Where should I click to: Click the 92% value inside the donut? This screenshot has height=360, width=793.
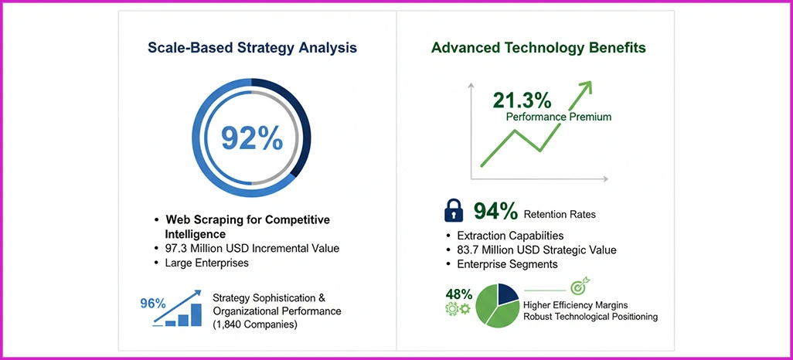[x=252, y=137]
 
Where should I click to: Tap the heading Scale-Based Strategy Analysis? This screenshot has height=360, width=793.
[x=252, y=48]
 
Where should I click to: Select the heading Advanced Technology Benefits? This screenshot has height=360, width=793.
[x=539, y=48]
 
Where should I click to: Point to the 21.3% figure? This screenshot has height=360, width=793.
[x=522, y=100]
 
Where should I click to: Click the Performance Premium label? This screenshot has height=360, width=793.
[x=559, y=117]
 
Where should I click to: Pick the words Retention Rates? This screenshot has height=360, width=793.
[x=559, y=214]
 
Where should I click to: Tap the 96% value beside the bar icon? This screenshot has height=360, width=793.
[x=153, y=303]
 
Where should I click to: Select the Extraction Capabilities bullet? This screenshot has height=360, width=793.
[x=510, y=236]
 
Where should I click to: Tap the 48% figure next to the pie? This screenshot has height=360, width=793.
[x=459, y=294]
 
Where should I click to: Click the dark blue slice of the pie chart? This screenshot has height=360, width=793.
[x=506, y=294]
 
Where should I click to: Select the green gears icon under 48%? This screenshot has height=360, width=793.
[x=458, y=309]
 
